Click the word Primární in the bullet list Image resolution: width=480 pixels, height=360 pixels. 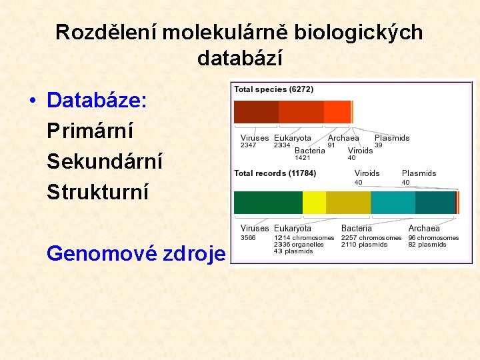pyautogui.click(x=90, y=131)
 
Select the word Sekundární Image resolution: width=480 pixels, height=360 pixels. pyautogui.click(x=105, y=161)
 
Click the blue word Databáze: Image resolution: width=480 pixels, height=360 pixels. pyautogui.click(x=97, y=101)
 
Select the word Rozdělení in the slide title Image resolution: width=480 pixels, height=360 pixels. pyautogui.click(x=105, y=32)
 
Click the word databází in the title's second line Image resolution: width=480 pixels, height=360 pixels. pyautogui.click(x=240, y=58)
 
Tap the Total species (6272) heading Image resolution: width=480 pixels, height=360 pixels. pyautogui.click(x=273, y=89)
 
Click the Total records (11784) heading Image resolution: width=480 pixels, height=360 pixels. pyautogui.click(x=275, y=173)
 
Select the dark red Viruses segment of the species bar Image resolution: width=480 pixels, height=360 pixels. pyautogui.click(x=255, y=111)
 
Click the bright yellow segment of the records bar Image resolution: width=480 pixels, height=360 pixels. pyautogui.click(x=314, y=202)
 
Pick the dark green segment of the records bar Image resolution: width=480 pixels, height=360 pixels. pyautogui.click(x=267, y=202)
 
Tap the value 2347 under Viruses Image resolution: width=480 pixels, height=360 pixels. pyautogui.click(x=248, y=145)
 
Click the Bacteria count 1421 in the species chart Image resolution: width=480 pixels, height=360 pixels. pyautogui.click(x=303, y=158)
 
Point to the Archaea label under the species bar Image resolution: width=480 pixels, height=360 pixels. pyautogui.click(x=343, y=138)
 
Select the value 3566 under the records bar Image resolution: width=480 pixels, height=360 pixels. pyautogui.click(x=248, y=237)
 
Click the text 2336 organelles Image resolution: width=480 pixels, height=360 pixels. pyautogui.click(x=299, y=244)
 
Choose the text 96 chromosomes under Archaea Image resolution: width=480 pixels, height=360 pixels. pyautogui.click(x=433, y=237)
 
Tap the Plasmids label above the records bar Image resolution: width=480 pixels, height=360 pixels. pyautogui.click(x=419, y=173)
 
